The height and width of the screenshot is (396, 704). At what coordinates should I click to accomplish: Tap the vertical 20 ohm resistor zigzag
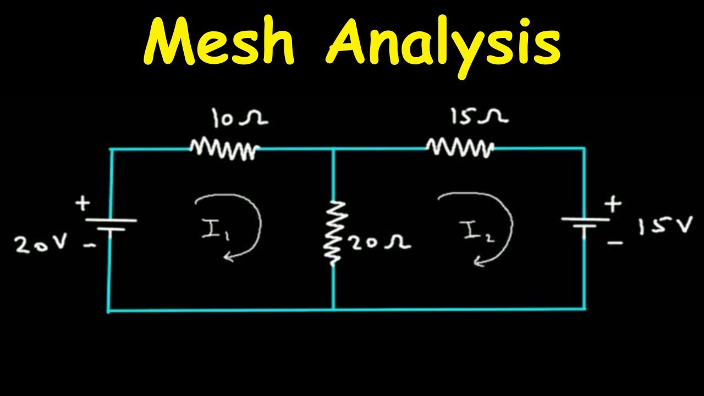coord(334,232)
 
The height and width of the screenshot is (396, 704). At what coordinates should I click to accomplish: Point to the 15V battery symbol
coord(585,224)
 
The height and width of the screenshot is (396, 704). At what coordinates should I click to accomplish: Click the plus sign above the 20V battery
coord(82,204)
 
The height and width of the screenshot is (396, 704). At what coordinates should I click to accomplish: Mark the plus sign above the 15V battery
coord(613,205)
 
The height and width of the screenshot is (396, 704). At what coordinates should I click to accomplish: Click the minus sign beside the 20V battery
coord(87,247)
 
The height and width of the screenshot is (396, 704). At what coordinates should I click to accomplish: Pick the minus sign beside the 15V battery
coord(616,242)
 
